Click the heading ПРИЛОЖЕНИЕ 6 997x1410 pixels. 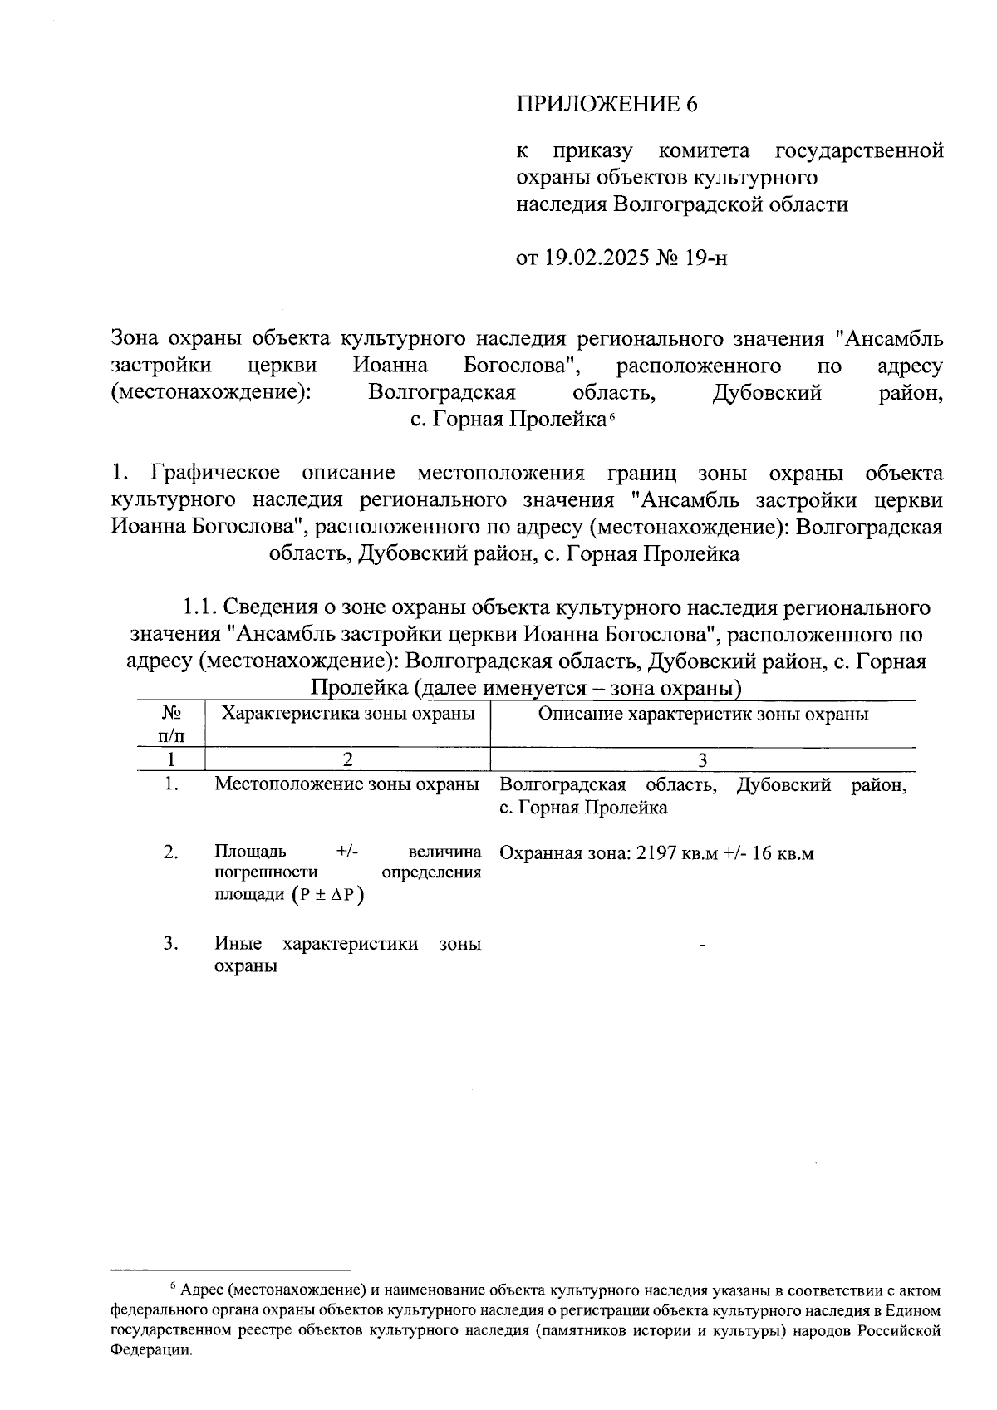(606, 104)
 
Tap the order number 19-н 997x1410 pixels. (705, 258)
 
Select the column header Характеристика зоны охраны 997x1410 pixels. (347, 714)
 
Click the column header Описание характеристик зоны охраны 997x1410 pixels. (703, 714)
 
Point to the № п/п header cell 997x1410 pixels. (171, 724)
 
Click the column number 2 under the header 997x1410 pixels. (347, 759)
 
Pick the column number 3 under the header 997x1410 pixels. (703, 759)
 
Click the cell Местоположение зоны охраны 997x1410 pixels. (346, 784)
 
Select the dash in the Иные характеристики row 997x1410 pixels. (703, 945)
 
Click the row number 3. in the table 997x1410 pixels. (171, 943)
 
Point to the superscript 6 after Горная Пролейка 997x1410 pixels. (611, 415)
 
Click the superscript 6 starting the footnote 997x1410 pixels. (173, 1287)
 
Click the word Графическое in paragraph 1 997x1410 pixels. (215, 474)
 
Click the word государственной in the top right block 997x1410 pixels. (859, 151)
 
